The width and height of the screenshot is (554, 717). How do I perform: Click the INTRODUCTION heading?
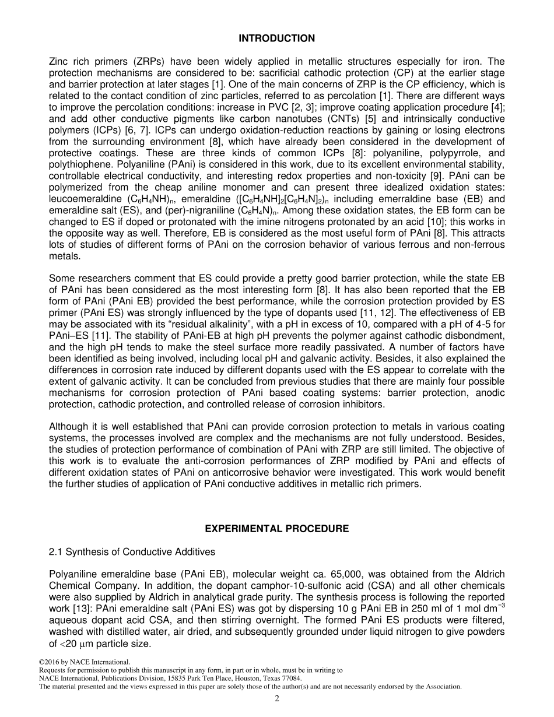(x=276, y=38)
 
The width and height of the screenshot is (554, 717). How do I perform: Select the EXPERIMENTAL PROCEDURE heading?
(x=276, y=529)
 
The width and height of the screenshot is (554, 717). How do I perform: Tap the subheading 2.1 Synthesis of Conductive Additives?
(x=132, y=551)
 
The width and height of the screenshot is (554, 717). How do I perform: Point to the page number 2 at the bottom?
(x=277, y=699)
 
